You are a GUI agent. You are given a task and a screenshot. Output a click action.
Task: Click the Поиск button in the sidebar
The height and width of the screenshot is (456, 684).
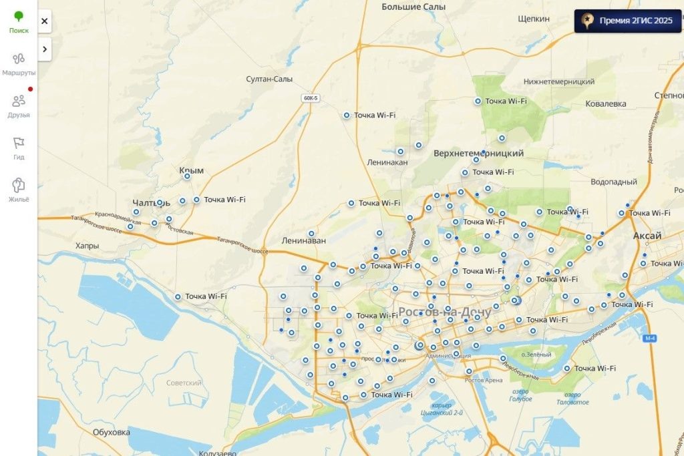click(19, 21)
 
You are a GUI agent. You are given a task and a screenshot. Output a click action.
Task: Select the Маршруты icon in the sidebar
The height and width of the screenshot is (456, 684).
click(19, 63)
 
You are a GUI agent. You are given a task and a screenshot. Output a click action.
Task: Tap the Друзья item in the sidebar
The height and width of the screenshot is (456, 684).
click(19, 105)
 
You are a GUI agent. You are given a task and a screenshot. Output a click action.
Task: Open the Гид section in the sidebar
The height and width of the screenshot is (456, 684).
click(19, 148)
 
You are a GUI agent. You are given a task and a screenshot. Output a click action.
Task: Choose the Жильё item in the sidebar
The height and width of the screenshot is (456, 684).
click(19, 190)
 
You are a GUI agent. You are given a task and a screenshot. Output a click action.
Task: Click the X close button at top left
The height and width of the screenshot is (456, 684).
click(44, 21)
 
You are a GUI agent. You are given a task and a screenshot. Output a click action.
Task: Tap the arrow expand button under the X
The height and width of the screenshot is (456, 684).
click(44, 49)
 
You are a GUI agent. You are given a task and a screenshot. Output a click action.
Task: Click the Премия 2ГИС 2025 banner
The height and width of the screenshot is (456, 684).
click(627, 21)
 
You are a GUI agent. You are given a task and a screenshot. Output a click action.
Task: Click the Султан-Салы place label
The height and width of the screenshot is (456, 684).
click(269, 79)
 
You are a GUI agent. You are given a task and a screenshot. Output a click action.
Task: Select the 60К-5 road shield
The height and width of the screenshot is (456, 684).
click(311, 98)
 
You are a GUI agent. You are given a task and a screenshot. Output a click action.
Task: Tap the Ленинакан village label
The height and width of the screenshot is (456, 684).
click(387, 162)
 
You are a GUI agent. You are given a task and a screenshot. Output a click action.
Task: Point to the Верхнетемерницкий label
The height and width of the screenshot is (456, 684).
click(478, 154)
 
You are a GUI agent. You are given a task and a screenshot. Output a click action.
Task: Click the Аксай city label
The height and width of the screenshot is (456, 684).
click(647, 236)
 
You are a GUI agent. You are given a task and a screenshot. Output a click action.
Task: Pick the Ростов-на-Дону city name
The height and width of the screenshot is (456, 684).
click(444, 312)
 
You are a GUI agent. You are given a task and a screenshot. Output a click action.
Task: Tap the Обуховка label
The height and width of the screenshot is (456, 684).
click(112, 432)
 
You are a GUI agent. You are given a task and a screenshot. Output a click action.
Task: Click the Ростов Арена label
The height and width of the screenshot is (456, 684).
click(484, 380)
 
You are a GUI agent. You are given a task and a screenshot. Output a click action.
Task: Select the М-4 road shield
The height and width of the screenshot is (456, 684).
click(650, 338)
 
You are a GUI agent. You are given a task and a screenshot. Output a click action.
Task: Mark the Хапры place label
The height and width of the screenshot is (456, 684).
click(87, 246)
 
